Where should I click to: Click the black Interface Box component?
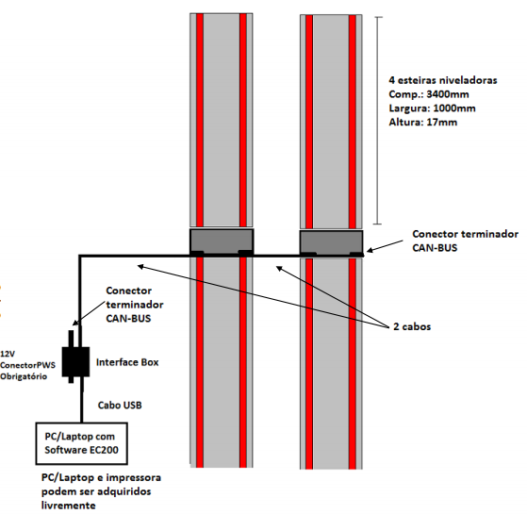point(75,361)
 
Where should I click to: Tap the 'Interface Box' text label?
point(127,362)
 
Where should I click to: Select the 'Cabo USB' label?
point(120,405)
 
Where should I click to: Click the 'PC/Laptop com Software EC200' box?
point(82,443)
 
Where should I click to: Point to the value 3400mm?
point(448,94)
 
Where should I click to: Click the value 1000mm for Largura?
point(454,108)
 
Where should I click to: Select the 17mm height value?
point(441,122)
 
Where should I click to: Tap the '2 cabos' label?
point(412,326)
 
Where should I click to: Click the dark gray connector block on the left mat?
point(222,241)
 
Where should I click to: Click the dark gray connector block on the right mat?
point(332,242)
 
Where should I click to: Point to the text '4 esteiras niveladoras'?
point(443,80)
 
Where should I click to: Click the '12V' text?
point(8,354)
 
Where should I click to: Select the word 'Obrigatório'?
point(24,376)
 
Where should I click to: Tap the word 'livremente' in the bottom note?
point(68,506)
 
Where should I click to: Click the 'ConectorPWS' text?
point(27,365)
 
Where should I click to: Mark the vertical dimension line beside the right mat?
point(378,121)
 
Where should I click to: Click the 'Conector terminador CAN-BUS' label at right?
point(465,241)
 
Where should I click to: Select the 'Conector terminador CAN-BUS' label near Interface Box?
point(135,305)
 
